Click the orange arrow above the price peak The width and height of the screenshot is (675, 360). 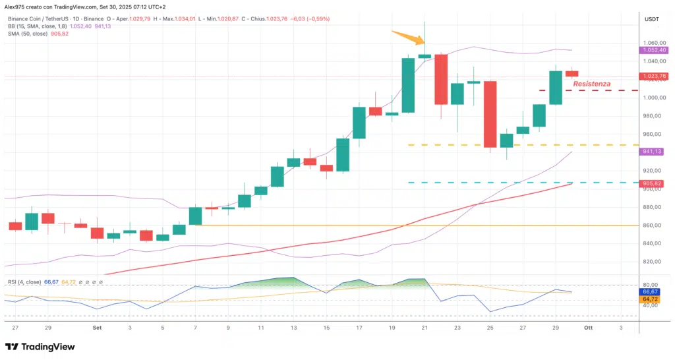point(405,36)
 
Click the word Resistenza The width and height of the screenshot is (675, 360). point(591,84)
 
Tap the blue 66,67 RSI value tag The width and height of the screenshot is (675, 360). point(651,291)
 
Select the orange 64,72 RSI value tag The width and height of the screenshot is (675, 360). point(651,299)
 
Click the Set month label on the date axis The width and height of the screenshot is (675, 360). point(97,327)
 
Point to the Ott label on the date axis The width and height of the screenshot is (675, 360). point(588,327)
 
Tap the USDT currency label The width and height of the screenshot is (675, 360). point(651,20)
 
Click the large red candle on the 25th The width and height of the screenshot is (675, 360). point(490,114)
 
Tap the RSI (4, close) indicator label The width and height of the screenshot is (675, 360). point(24,282)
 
